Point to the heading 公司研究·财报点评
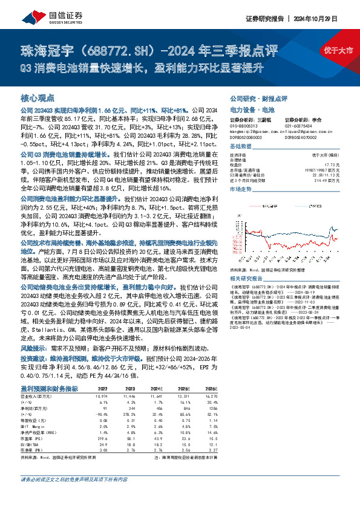(258, 97)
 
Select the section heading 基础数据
(241, 147)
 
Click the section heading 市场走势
(241, 189)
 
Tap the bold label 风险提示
(33, 348)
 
